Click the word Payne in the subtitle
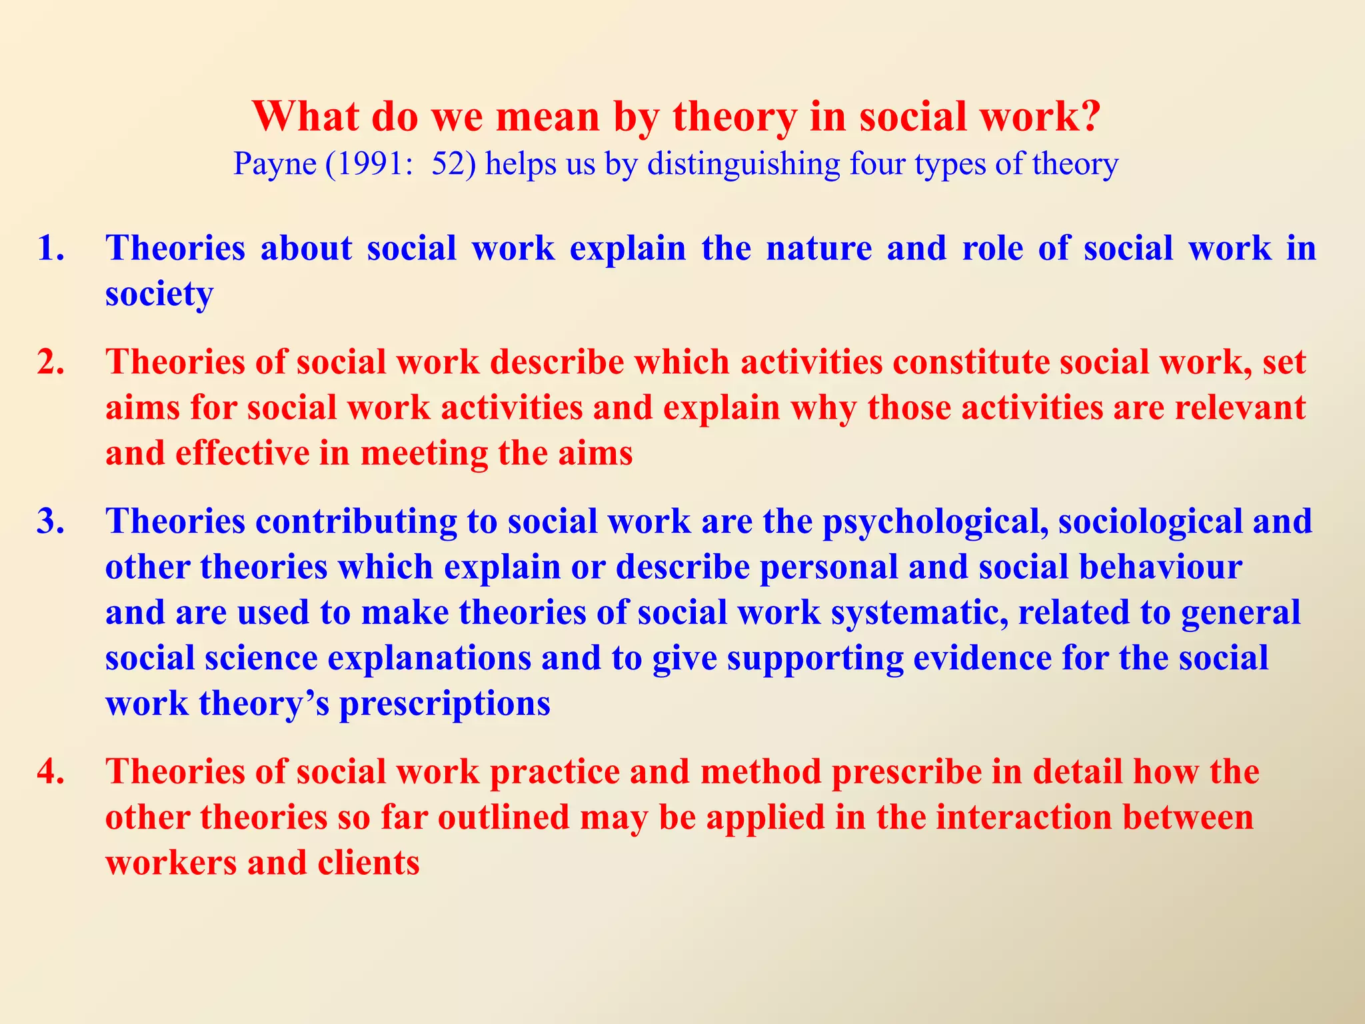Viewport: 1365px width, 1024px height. pos(274,164)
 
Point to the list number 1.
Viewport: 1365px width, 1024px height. pos(51,248)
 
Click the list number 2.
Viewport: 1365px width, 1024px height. pos(51,362)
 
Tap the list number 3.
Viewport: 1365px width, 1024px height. pos(51,521)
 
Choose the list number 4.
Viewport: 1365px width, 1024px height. pos(51,771)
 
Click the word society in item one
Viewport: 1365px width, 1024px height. pos(159,295)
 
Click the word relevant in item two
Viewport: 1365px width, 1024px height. pos(1240,407)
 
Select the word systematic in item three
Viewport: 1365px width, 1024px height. pos(919,613)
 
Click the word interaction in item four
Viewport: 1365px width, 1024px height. pos(1024,817)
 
